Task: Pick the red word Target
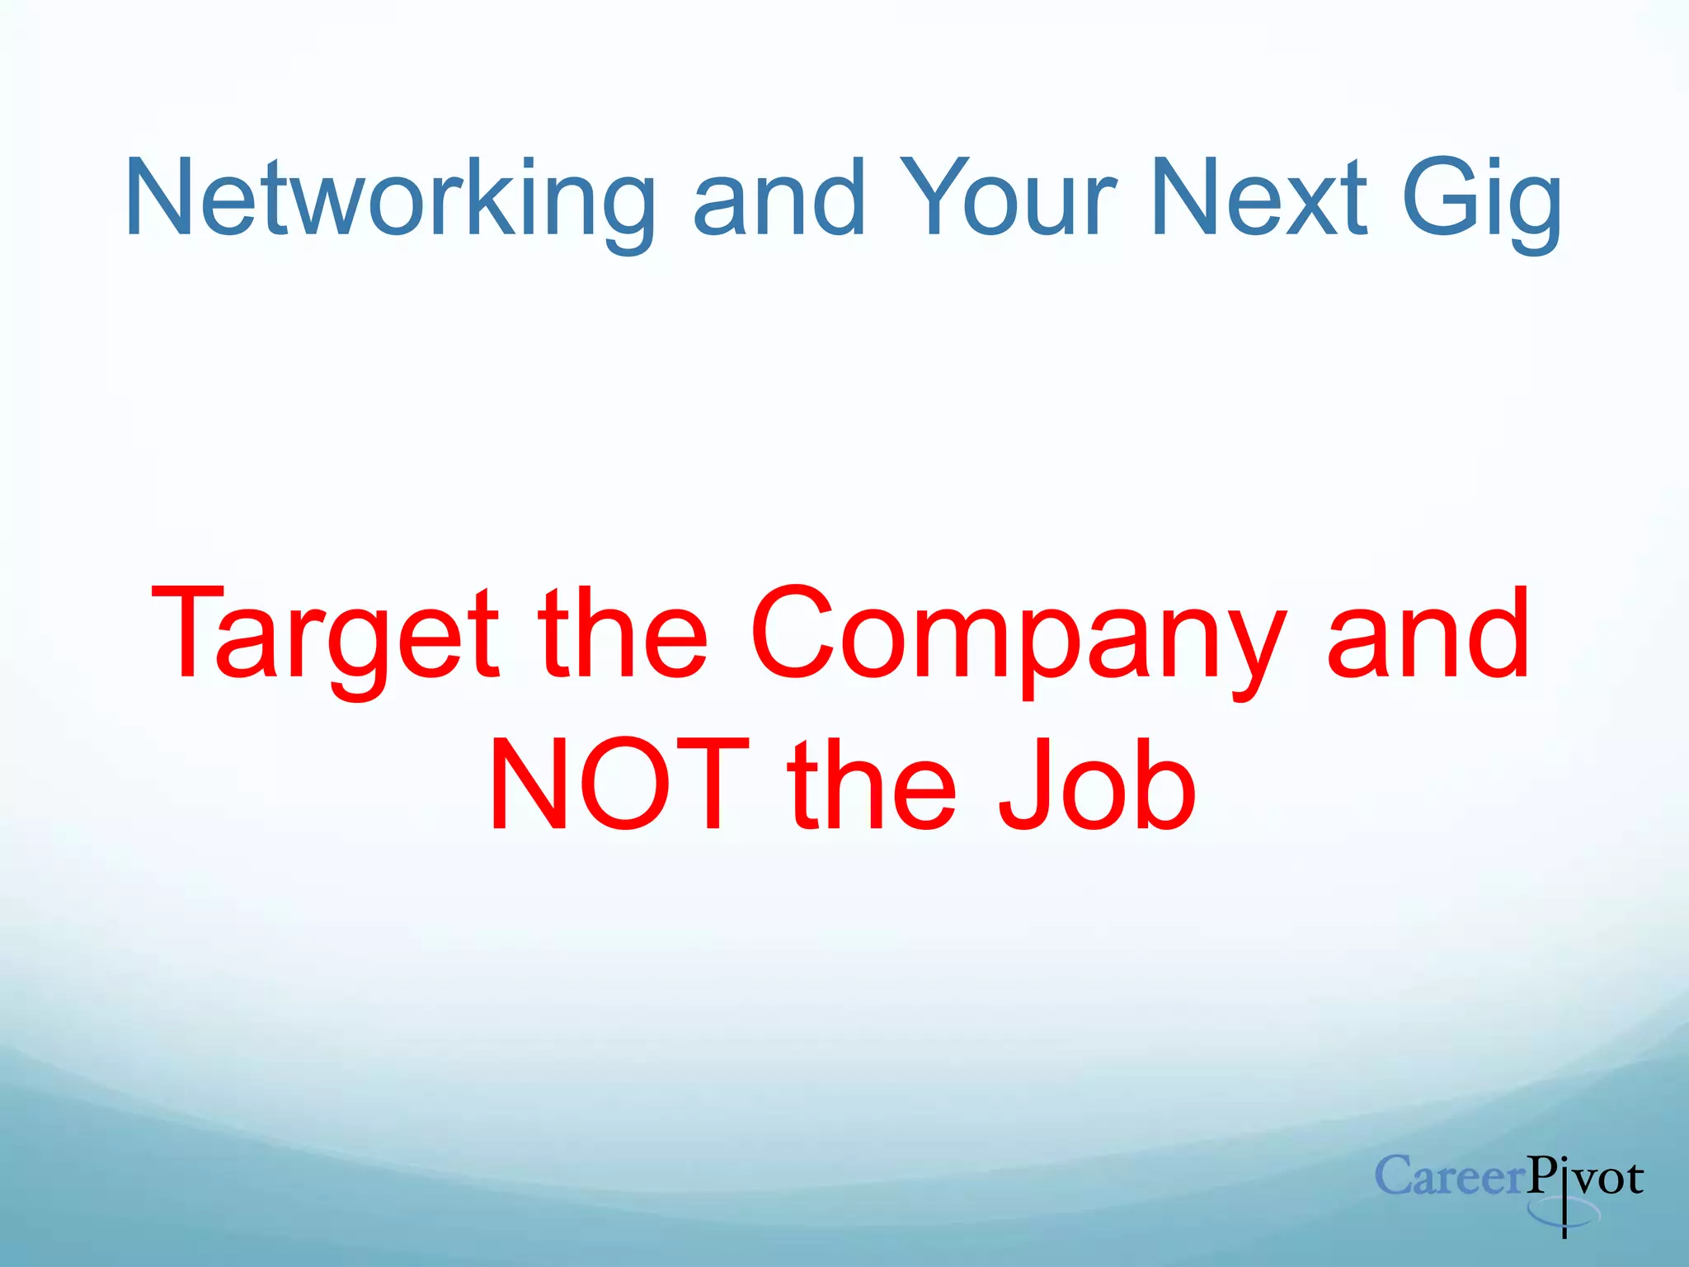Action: [325, 635]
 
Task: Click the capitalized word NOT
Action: [619, 785]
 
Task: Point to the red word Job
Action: [1097, 785]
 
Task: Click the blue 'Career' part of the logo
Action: [1449, 1176]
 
